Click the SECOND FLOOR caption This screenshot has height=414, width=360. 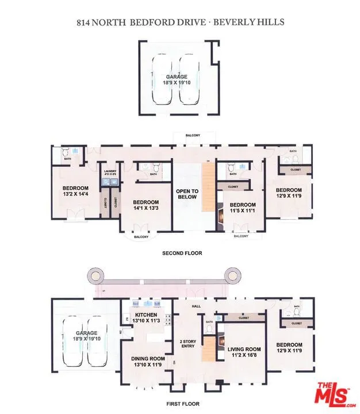click(x=182, y=253)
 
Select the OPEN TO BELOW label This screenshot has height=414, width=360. click(x=187, y=194)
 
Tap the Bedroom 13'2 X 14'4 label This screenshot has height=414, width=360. click(x=75, y=191)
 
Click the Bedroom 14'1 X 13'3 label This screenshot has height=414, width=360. click(x=145, y=205)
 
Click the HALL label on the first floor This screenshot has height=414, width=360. click(x=195, y=306)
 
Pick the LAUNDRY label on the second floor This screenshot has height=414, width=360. click(x=110, y=172)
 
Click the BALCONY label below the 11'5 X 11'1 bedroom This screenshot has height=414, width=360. click(x=240, y=236)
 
